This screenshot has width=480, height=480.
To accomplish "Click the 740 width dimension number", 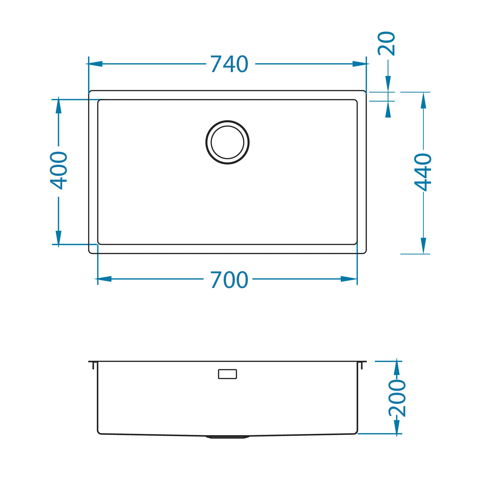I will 229,64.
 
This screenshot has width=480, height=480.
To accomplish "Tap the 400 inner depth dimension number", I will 59,170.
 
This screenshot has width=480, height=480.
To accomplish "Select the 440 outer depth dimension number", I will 423,172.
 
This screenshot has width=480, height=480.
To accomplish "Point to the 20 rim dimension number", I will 387,44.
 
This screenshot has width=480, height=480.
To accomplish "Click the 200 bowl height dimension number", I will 397,398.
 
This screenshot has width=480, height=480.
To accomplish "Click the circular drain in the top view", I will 227,142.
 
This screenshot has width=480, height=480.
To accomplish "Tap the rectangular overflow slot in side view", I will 227,374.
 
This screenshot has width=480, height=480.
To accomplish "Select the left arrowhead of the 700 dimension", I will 104,279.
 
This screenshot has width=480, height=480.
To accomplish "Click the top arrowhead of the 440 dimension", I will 423,100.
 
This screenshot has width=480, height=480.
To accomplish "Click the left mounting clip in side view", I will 93,365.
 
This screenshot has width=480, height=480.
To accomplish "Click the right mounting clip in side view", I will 362,365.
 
